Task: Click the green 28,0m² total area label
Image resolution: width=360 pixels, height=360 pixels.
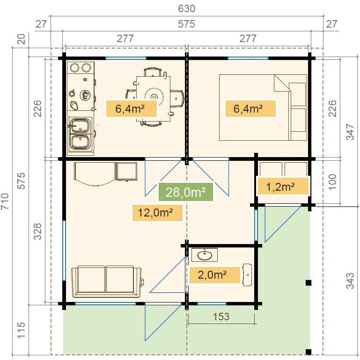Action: pyautogui.click(x=186, y=192)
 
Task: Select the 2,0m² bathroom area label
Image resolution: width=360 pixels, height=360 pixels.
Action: pyautogui.click(x=212, y=275)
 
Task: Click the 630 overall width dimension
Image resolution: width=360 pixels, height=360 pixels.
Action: pyautogui.click(x=186, y=8)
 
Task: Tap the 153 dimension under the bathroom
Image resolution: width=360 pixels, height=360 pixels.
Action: pyautogui.click(x=221, y=317)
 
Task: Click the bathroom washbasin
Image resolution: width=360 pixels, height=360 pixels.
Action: pyautogui.click(x=204, y=255)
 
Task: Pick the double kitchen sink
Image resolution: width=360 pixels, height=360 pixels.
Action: pyautogui.click(x=81, y=133)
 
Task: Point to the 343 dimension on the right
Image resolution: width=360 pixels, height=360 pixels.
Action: pyautogui.click(x=350, y=279)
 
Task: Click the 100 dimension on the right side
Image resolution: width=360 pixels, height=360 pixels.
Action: pyautogui.click(x=332, y=181)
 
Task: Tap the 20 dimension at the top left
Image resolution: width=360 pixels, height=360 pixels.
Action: pyautogui.click(x=21, y=40)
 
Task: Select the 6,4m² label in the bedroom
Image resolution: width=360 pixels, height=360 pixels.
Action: pyautogui.click(x=248, y=109)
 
